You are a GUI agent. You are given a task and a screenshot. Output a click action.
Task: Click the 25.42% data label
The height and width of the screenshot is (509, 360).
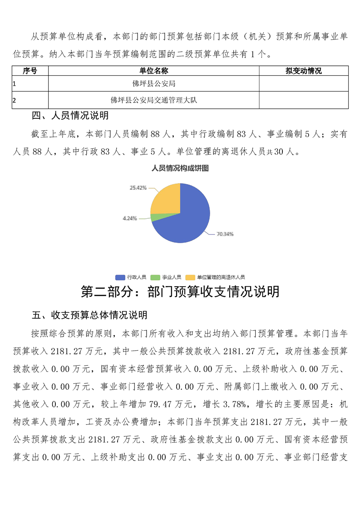[x=138, y=187]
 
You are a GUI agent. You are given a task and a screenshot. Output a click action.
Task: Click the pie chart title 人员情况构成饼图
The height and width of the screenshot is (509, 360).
[x=180, y=168]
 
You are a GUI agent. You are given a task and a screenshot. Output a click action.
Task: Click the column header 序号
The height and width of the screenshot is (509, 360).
[x=30, y=71]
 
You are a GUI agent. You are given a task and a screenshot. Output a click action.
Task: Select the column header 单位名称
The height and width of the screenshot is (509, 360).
[x=154, y=71]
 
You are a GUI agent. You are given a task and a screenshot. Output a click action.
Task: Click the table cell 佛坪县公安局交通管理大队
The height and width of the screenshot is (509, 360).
[x=154, y=100]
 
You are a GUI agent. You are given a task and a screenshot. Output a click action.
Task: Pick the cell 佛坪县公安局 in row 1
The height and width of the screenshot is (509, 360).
[x=154, y=84]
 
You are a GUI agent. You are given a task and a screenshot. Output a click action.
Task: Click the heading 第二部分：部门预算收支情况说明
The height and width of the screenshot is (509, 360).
[x=180, y=292]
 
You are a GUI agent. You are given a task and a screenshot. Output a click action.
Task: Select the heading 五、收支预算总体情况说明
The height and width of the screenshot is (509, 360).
[x=89, y=315]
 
